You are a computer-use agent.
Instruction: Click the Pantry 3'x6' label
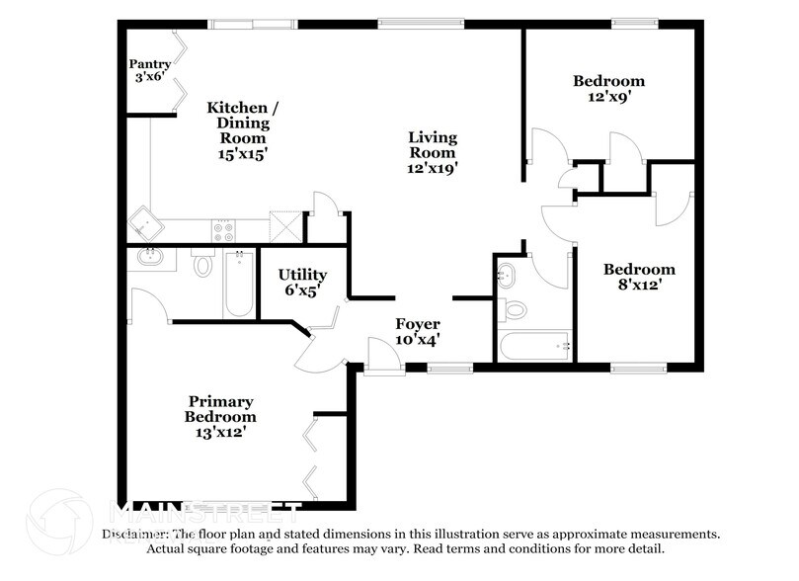(151, 71)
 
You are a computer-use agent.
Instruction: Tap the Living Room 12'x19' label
(433, 152)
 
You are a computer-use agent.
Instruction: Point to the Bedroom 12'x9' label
(609, 89)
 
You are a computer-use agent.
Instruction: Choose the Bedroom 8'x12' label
(639, 277)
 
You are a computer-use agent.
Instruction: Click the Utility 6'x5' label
(301, 282)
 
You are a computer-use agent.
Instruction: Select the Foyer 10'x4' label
(418, 331)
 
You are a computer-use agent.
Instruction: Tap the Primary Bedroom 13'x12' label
(219, 416)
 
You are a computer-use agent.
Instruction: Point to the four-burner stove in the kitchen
(224, 230)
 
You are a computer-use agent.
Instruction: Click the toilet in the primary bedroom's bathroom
(203, 264)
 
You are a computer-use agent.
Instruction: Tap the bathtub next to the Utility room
(238, 284)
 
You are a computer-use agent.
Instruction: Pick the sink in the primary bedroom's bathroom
(151, 259)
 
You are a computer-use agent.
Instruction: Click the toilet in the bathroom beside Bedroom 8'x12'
(515, 309)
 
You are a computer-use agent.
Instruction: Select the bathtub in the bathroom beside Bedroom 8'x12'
(534, 346)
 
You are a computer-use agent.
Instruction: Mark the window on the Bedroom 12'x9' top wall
(635, 22)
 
